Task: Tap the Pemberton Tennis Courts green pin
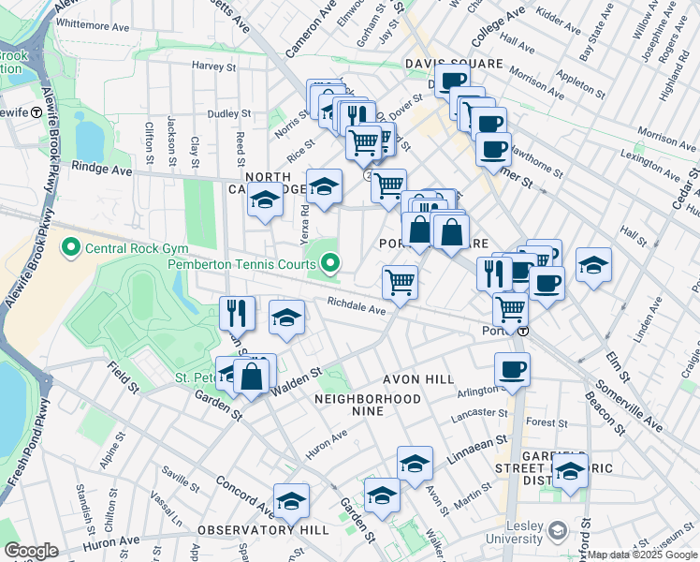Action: (330, 265)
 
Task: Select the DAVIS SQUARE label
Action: (454, 64)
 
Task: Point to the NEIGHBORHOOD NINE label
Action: (368, 399)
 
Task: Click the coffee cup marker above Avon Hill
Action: (512, 370)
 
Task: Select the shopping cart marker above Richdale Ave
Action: (401, 282)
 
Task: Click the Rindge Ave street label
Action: (102, 170)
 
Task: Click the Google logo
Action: (32, 551)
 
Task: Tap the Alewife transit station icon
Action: (36, 111)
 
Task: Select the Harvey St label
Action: (213, 67)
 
